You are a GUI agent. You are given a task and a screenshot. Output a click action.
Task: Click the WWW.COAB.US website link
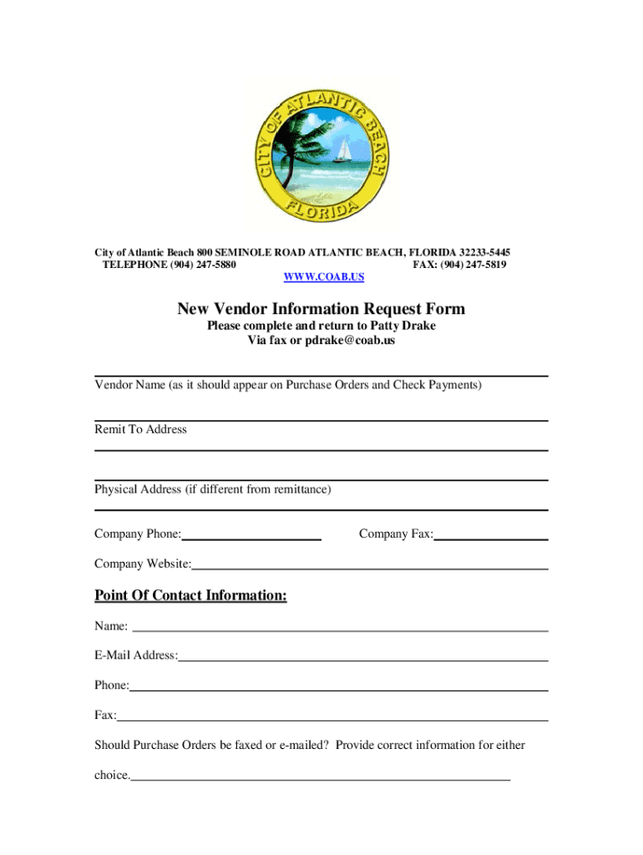324,276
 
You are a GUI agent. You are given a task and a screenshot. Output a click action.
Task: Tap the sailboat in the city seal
342,153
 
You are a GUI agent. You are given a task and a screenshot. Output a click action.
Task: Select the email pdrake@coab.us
350,340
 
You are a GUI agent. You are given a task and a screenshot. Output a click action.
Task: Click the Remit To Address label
140,429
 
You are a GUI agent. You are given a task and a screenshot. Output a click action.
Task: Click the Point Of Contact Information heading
190,595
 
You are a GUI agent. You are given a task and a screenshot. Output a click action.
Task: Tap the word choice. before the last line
112,775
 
